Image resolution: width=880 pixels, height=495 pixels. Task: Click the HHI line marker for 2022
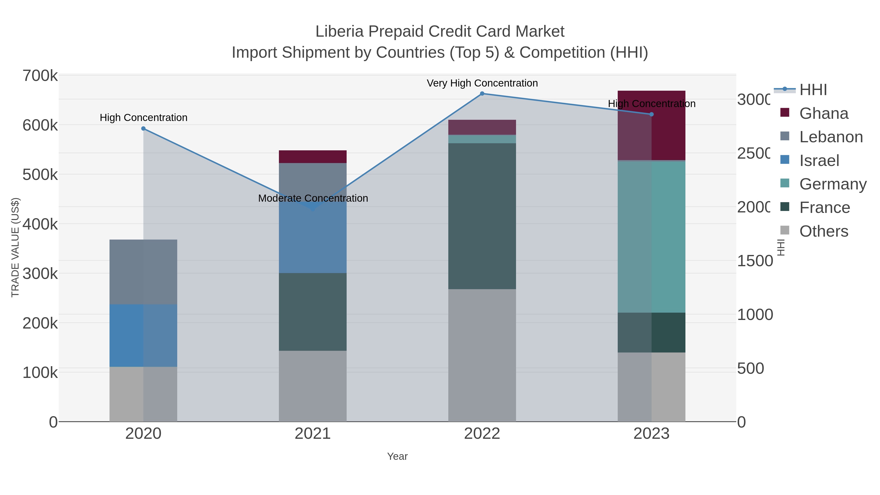pyautogui.click(x=482, y=93)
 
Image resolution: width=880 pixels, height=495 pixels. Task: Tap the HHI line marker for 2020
pyautogui.click(x=143, y=128)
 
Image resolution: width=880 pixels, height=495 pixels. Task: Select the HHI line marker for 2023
pyautogui.click(x=651, y=114)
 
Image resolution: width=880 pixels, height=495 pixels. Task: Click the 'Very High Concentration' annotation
pyautogui.click(x=482, y=83)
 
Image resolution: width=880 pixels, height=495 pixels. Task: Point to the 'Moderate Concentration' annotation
pyautogui.click(x=313, y=198)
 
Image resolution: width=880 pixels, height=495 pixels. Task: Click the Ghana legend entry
pyautogui.click(x=823, y=113)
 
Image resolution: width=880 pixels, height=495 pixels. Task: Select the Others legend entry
pyautogui.click(x=823, y=231)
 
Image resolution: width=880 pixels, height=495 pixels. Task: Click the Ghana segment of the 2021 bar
pyautogui.click(x=313, y=156)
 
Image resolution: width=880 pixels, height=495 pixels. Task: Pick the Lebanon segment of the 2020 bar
pyautogui.click(x=143, y=272)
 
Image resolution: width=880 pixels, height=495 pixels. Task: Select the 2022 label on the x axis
pyautogui.click(x=482, y=433)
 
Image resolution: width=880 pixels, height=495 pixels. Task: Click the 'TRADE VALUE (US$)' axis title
pyautogui.click(x=15, y=247)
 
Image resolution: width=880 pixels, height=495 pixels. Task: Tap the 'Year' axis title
pyautogui.click(x=397, y=456)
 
